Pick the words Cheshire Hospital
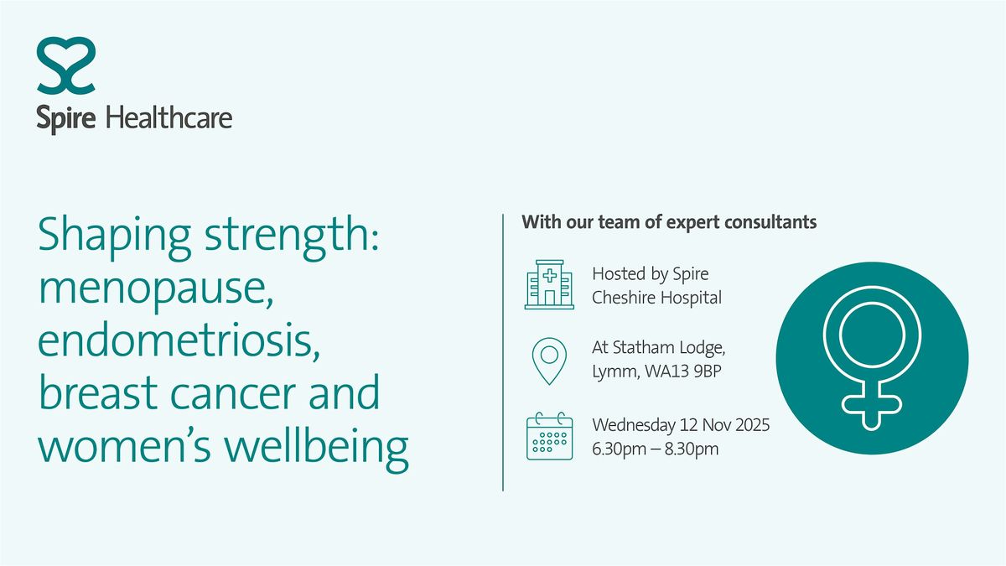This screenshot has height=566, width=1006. pyautogui.click(x=656, y=298)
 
